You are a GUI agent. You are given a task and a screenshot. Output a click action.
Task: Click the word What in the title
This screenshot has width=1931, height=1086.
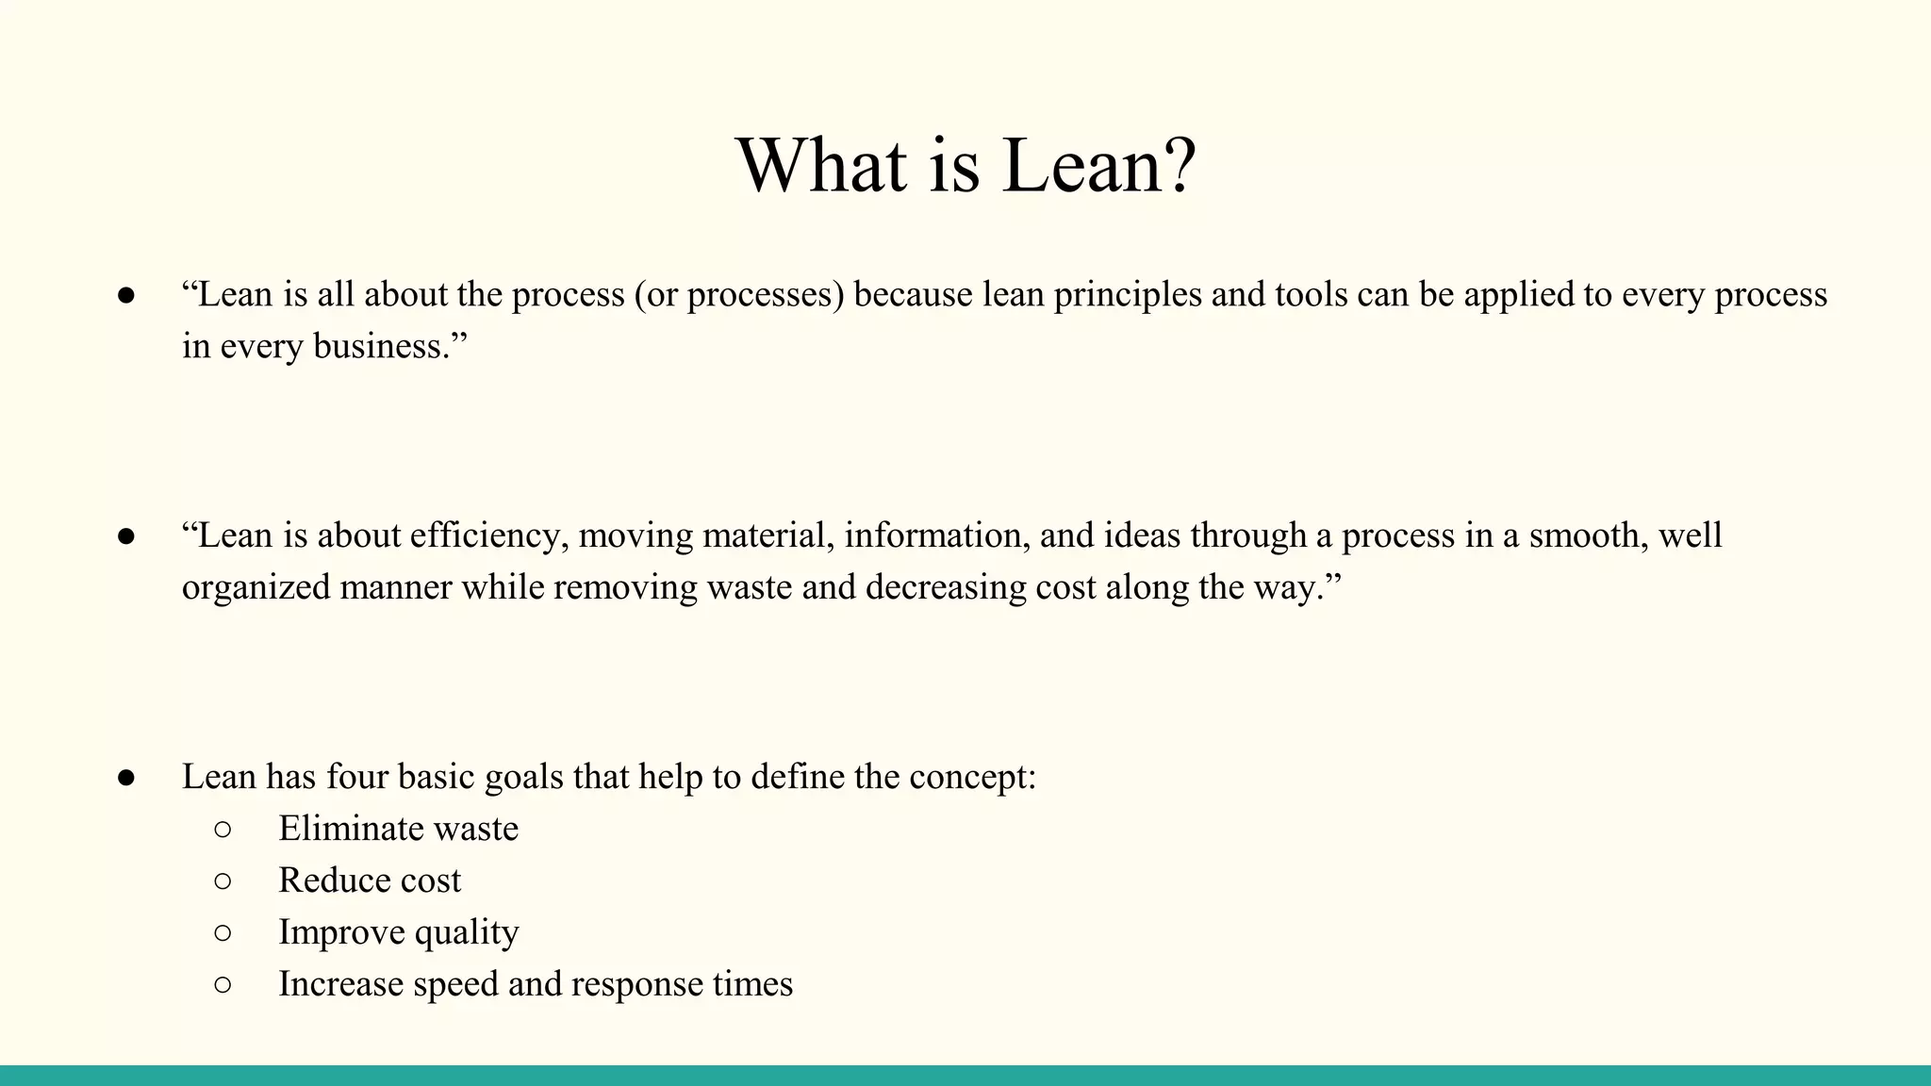tap(820, 166)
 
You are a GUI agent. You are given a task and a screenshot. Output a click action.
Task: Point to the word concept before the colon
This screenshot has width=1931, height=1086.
tap(968, 778)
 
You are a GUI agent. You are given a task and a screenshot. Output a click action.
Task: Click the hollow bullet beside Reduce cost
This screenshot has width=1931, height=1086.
tap(223, 881)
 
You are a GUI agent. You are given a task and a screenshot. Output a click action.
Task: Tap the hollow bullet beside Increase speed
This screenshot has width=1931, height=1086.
tap(223, 985)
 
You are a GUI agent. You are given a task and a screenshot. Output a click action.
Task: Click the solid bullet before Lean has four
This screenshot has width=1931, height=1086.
tap(126, 778)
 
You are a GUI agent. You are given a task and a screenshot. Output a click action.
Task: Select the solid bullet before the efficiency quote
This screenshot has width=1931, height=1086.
tap(126, 536)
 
